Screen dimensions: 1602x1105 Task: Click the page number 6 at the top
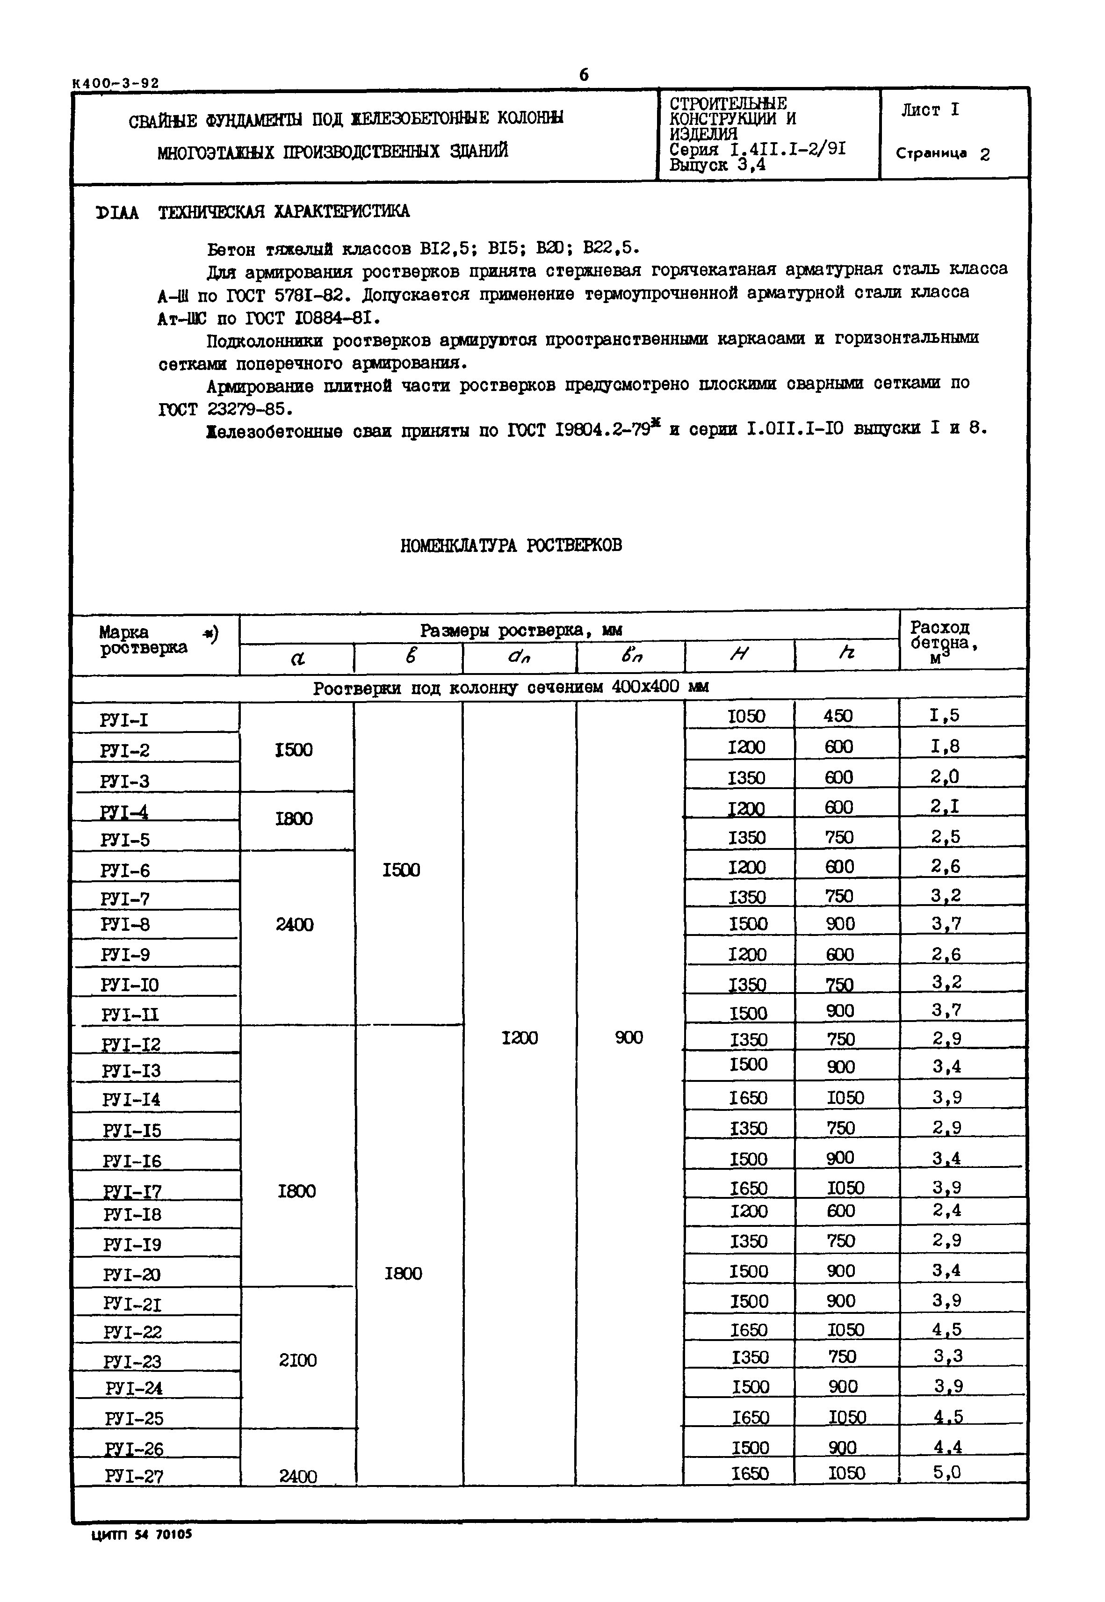pos(584,75)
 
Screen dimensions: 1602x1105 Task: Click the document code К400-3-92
pos(116,83)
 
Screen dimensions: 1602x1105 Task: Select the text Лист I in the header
pos(930,110)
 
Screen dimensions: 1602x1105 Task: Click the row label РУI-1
pos(125,720)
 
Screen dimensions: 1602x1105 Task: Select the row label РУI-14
pos(131,1099)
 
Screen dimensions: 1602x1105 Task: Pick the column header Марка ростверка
pos(143,640)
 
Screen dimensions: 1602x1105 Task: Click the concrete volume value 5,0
pos(946,1472)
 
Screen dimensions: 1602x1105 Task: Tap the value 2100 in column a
pos(298,1360)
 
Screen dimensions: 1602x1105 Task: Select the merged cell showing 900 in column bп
pos(628,1037)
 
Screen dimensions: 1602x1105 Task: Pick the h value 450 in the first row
pos(838,716)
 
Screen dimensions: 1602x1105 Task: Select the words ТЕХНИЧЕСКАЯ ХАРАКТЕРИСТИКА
pos(284,212)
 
